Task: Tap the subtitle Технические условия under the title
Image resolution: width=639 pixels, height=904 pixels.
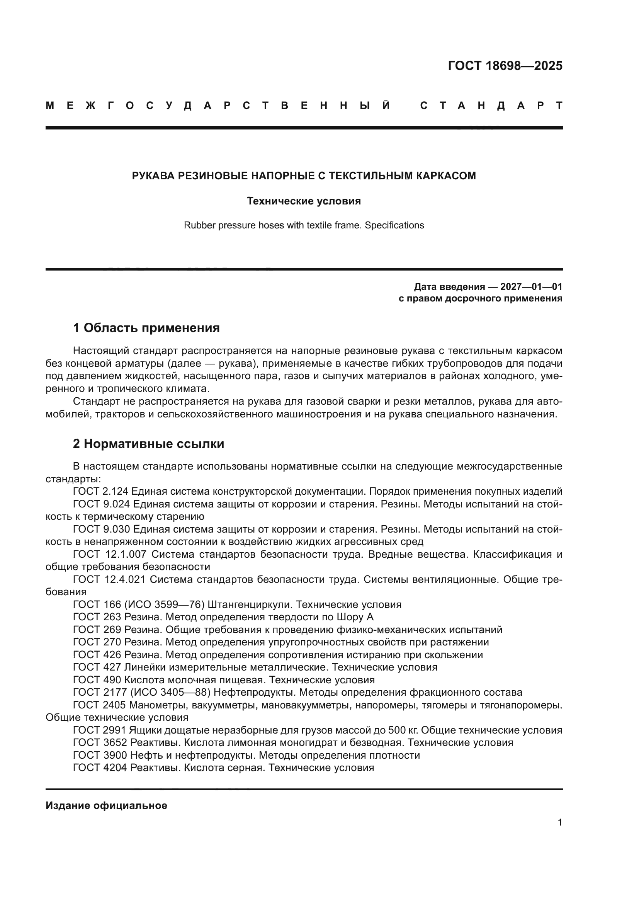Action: (304, 201)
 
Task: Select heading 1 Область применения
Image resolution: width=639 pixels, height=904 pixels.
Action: (146, 328)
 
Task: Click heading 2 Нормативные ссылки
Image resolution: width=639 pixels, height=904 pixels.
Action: (148, 444)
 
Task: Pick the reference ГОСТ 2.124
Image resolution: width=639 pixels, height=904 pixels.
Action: (101, 491)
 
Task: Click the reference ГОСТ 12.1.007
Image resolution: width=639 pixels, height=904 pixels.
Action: (110, 554)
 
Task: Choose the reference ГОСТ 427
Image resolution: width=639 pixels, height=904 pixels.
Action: (97, 667)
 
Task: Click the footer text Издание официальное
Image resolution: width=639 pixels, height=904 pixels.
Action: (106, 805)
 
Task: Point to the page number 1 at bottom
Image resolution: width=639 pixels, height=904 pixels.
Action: (559, 822)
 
